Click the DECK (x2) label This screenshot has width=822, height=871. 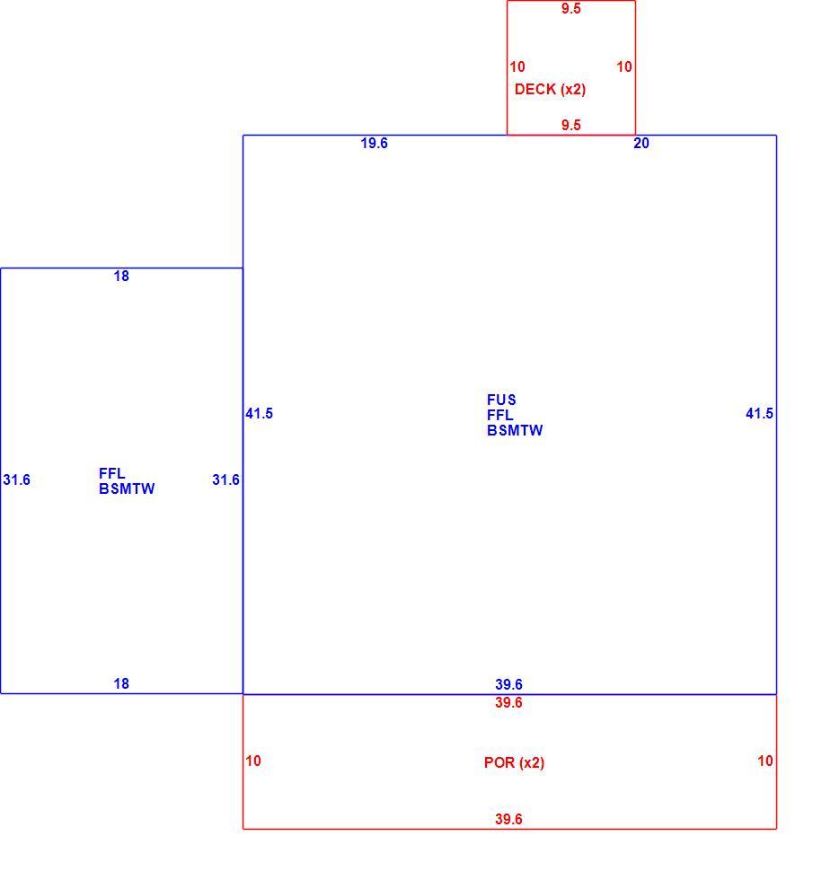click(x=550, y=90)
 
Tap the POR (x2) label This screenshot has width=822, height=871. click(x=514, y=762)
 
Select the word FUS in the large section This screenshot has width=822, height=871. click(x=501, y=400)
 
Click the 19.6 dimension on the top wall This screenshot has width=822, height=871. click(x=374, y=144)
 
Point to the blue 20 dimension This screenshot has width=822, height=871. click(x=641, y=144)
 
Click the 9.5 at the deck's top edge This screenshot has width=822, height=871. click(x=570, y=8)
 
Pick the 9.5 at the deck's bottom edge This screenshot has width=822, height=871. click(x=570, y=125)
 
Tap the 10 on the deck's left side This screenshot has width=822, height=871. click(x=517, y=66)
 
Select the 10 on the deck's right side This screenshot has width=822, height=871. click(x=624, y=66)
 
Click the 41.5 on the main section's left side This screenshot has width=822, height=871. click(x=260, y=413)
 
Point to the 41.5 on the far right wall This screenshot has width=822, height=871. click(x=759, y=413)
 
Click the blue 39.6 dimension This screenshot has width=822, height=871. click(x=508, y=684)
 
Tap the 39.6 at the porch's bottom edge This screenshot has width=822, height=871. click(x=508, y=819)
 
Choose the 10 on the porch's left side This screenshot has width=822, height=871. click(x=253, y=761)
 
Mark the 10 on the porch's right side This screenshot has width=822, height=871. click(x=765, y=761)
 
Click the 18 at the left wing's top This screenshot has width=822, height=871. click(x=121, y=276)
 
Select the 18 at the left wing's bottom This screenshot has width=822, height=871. click(x=121, y=684)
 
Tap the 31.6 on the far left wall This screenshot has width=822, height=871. click(x=17, y=479)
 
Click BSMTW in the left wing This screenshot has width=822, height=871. click(x=127, y=488)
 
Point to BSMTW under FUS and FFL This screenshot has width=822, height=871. click(x=515, y=430)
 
